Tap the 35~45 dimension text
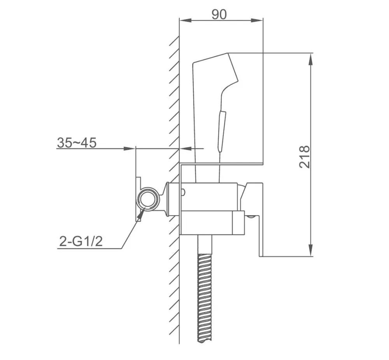click(x=77, y=142)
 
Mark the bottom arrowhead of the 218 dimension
click(x=310, y=251)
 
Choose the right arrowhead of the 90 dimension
click(x=258, y=20)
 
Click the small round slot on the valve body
click(x=183, y=191)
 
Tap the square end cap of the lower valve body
click(x=238, y=224)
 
